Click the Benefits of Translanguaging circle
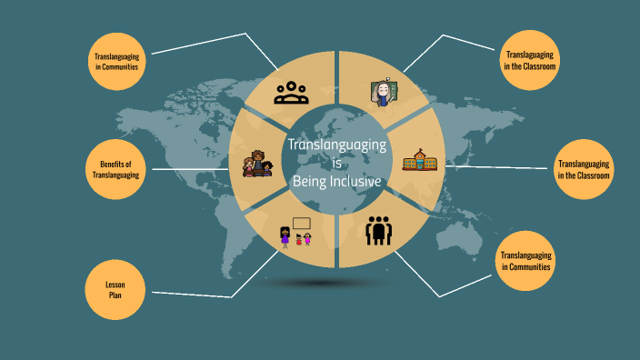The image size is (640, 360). pos(115,168)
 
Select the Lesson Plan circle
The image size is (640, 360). pos(115,290)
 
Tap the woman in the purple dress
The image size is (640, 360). pos(285,237)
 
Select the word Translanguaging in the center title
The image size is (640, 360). pos(337,145)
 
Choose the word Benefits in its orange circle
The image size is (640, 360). pos(115,163)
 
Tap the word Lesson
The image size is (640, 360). pos(115,285)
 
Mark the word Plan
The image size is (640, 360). pos(115,295)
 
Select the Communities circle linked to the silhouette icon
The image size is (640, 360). pos(525,261)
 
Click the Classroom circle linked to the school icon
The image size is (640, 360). pos(584,169)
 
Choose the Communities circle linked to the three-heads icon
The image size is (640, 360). pos(117,63)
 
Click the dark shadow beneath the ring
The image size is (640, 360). pos(317,283)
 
